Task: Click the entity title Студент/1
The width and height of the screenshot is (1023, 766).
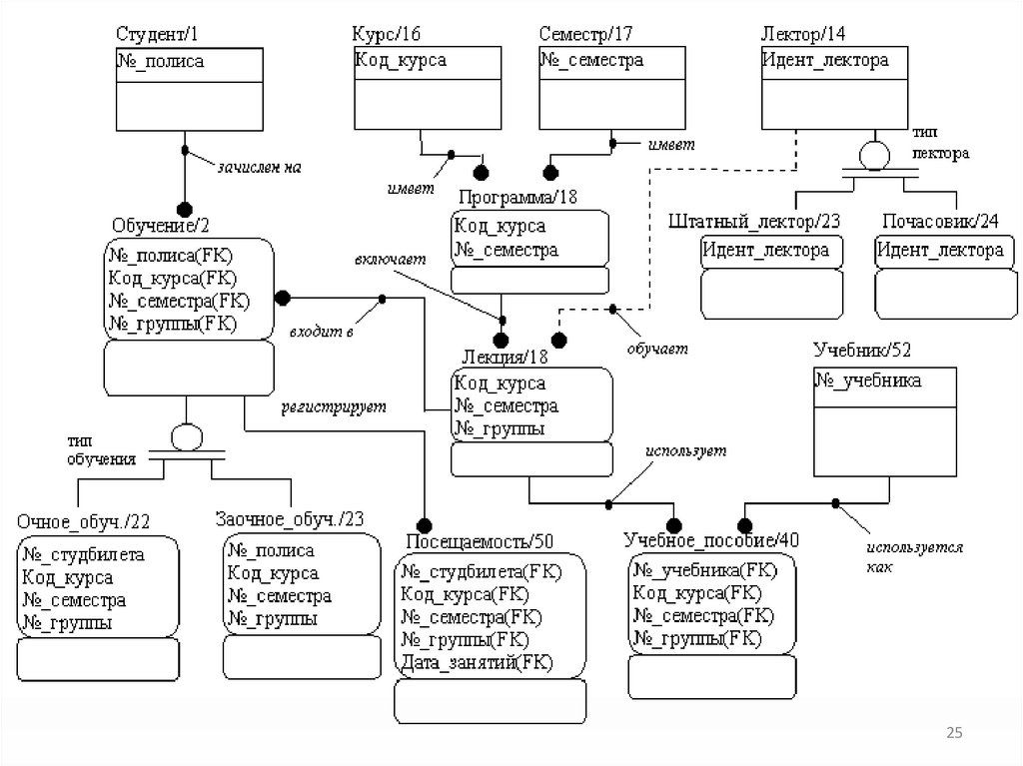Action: (157, 34)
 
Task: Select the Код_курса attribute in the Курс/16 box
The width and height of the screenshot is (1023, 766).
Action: (401, 60)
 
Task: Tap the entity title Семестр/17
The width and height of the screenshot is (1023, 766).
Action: (586, 34)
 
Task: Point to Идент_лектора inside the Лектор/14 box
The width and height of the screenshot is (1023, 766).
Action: (825, 60)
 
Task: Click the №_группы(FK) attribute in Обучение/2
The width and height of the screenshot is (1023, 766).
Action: (171, 323)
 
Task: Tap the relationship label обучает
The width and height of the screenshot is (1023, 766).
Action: (657, 349)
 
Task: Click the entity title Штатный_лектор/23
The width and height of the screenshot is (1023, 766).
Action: (754, 221)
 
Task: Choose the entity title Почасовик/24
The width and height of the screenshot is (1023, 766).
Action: (940, 221)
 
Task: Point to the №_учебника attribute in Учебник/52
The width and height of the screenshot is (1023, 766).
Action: (869, 381)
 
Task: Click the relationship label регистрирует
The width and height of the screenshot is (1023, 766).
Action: (333, 407)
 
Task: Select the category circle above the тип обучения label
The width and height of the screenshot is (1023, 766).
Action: (187, 437)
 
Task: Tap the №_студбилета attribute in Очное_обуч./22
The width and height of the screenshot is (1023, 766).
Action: (84, 554)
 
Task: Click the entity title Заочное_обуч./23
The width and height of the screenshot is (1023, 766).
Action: (290, 518)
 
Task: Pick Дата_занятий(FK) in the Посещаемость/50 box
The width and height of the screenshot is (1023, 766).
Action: (477, 662)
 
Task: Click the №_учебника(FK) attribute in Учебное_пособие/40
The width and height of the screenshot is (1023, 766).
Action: (704, 570)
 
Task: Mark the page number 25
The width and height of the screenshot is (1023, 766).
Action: (954, 734)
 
